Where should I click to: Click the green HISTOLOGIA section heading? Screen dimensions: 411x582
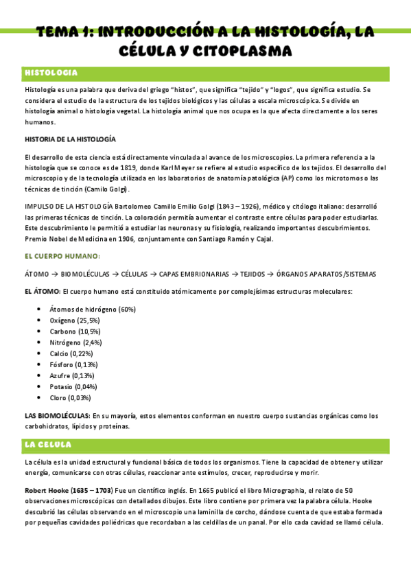coord(51,73)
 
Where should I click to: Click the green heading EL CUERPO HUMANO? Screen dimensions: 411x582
coord(62,256)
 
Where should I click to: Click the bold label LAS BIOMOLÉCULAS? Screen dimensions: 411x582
coord(56,415)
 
